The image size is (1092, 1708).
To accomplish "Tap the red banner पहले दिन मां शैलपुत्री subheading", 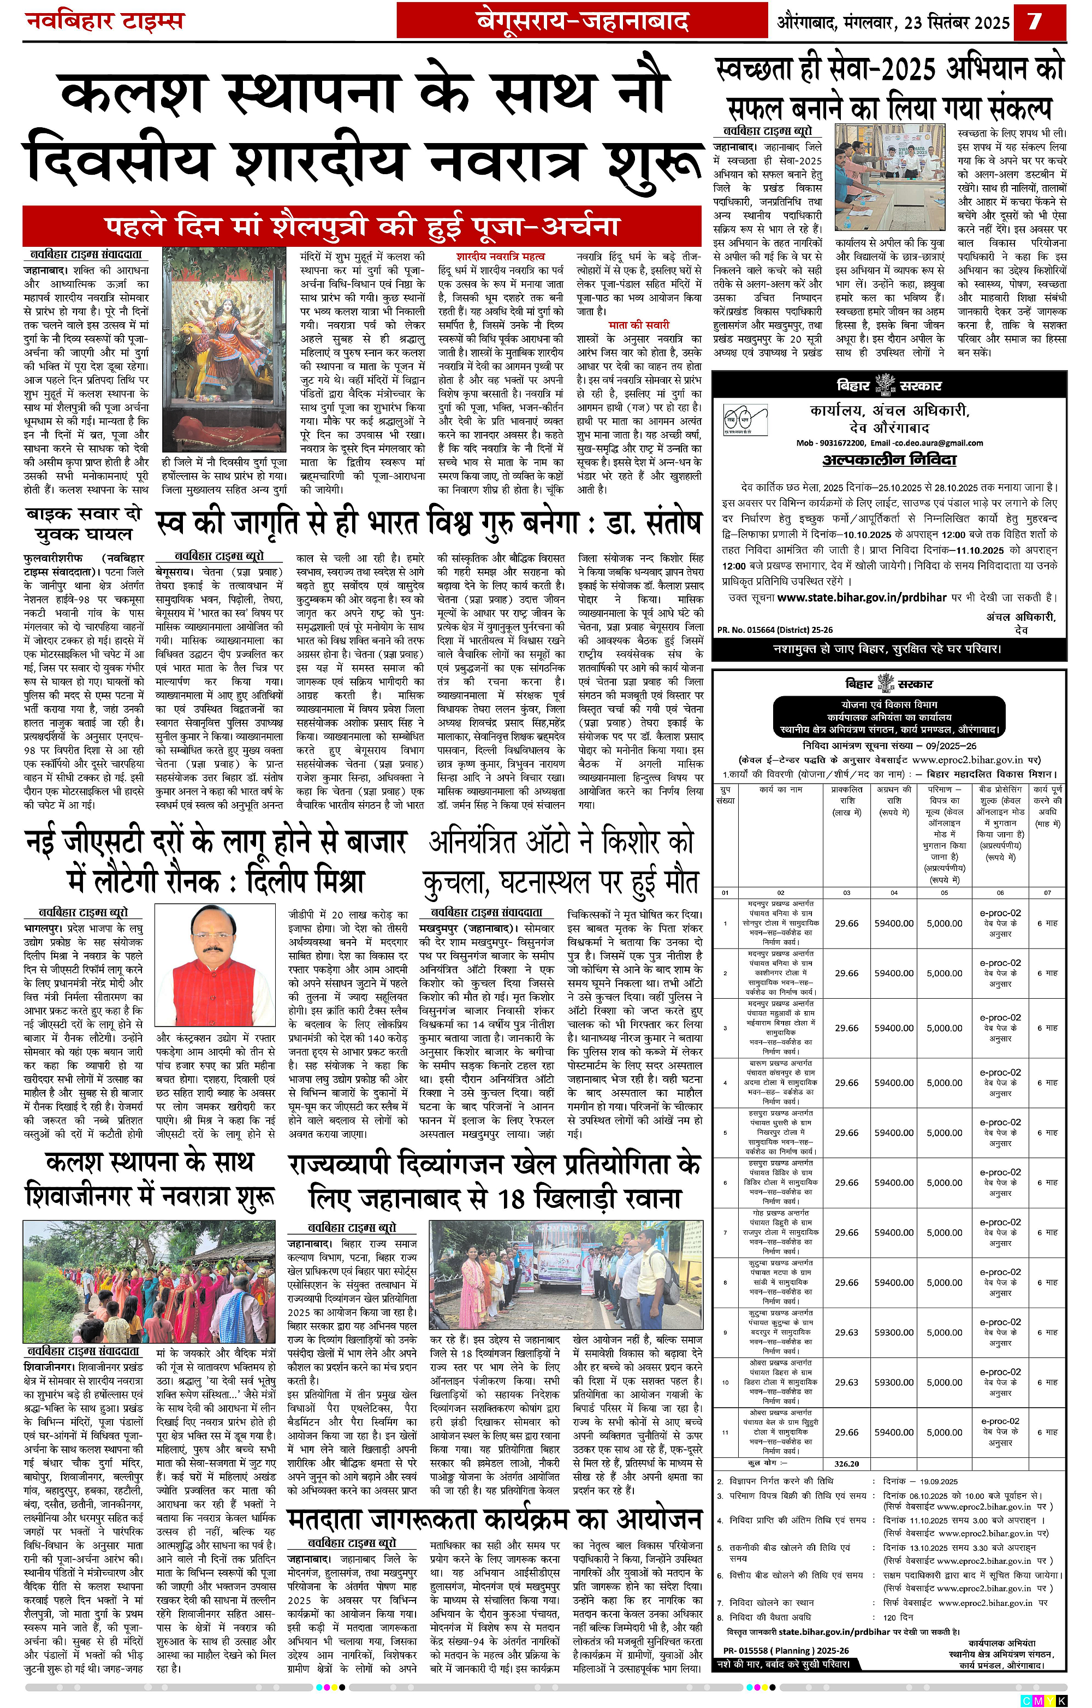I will pyautogui.click(x=361, y=226).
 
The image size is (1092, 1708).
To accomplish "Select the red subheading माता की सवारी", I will pyautogui.click(x=638, y=325).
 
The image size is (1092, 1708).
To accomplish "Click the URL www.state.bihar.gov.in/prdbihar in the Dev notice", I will pyautogui.click(x=862, y=597).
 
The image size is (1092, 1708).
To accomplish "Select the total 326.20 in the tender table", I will pyautogui.click(x=846, y=1463).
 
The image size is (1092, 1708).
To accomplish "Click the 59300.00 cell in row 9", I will pyautogui.click(x=893, y=1332).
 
